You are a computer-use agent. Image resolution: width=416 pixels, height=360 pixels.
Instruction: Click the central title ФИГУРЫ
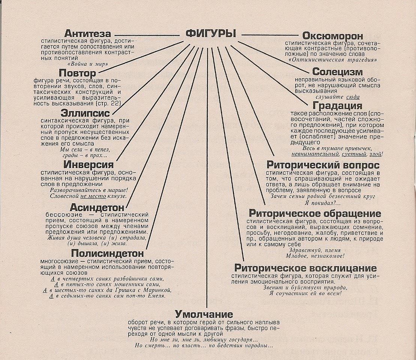[x=210, y=33]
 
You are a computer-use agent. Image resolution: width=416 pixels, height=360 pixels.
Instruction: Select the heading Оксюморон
[x=332, y=36]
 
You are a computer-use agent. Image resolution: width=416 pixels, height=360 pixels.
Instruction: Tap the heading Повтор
[x=78, y=73]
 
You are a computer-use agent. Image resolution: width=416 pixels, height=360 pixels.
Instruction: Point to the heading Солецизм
[x=337, y=72]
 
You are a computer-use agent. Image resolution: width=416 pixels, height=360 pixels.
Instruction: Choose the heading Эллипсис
[x=85, y=113]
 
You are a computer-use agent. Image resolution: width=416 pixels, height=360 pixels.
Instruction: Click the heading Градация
[x=337, y=106]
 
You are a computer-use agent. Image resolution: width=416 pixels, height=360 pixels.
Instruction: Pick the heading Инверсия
[x=89, y=165]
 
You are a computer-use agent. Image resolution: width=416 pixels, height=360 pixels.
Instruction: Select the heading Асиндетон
[x=97, y=207]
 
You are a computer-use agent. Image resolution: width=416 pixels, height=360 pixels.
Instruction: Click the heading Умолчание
[x=204, y=314]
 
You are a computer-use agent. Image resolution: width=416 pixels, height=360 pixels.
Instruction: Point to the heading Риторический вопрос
[x=323, y=165]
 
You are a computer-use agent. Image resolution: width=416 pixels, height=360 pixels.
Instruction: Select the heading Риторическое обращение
[x=315, y=213]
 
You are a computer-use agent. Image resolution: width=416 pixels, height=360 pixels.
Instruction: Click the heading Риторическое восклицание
[x=305, y=268]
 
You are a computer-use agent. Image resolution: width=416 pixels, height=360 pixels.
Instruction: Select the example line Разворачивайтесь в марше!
[x=89, y=190]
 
